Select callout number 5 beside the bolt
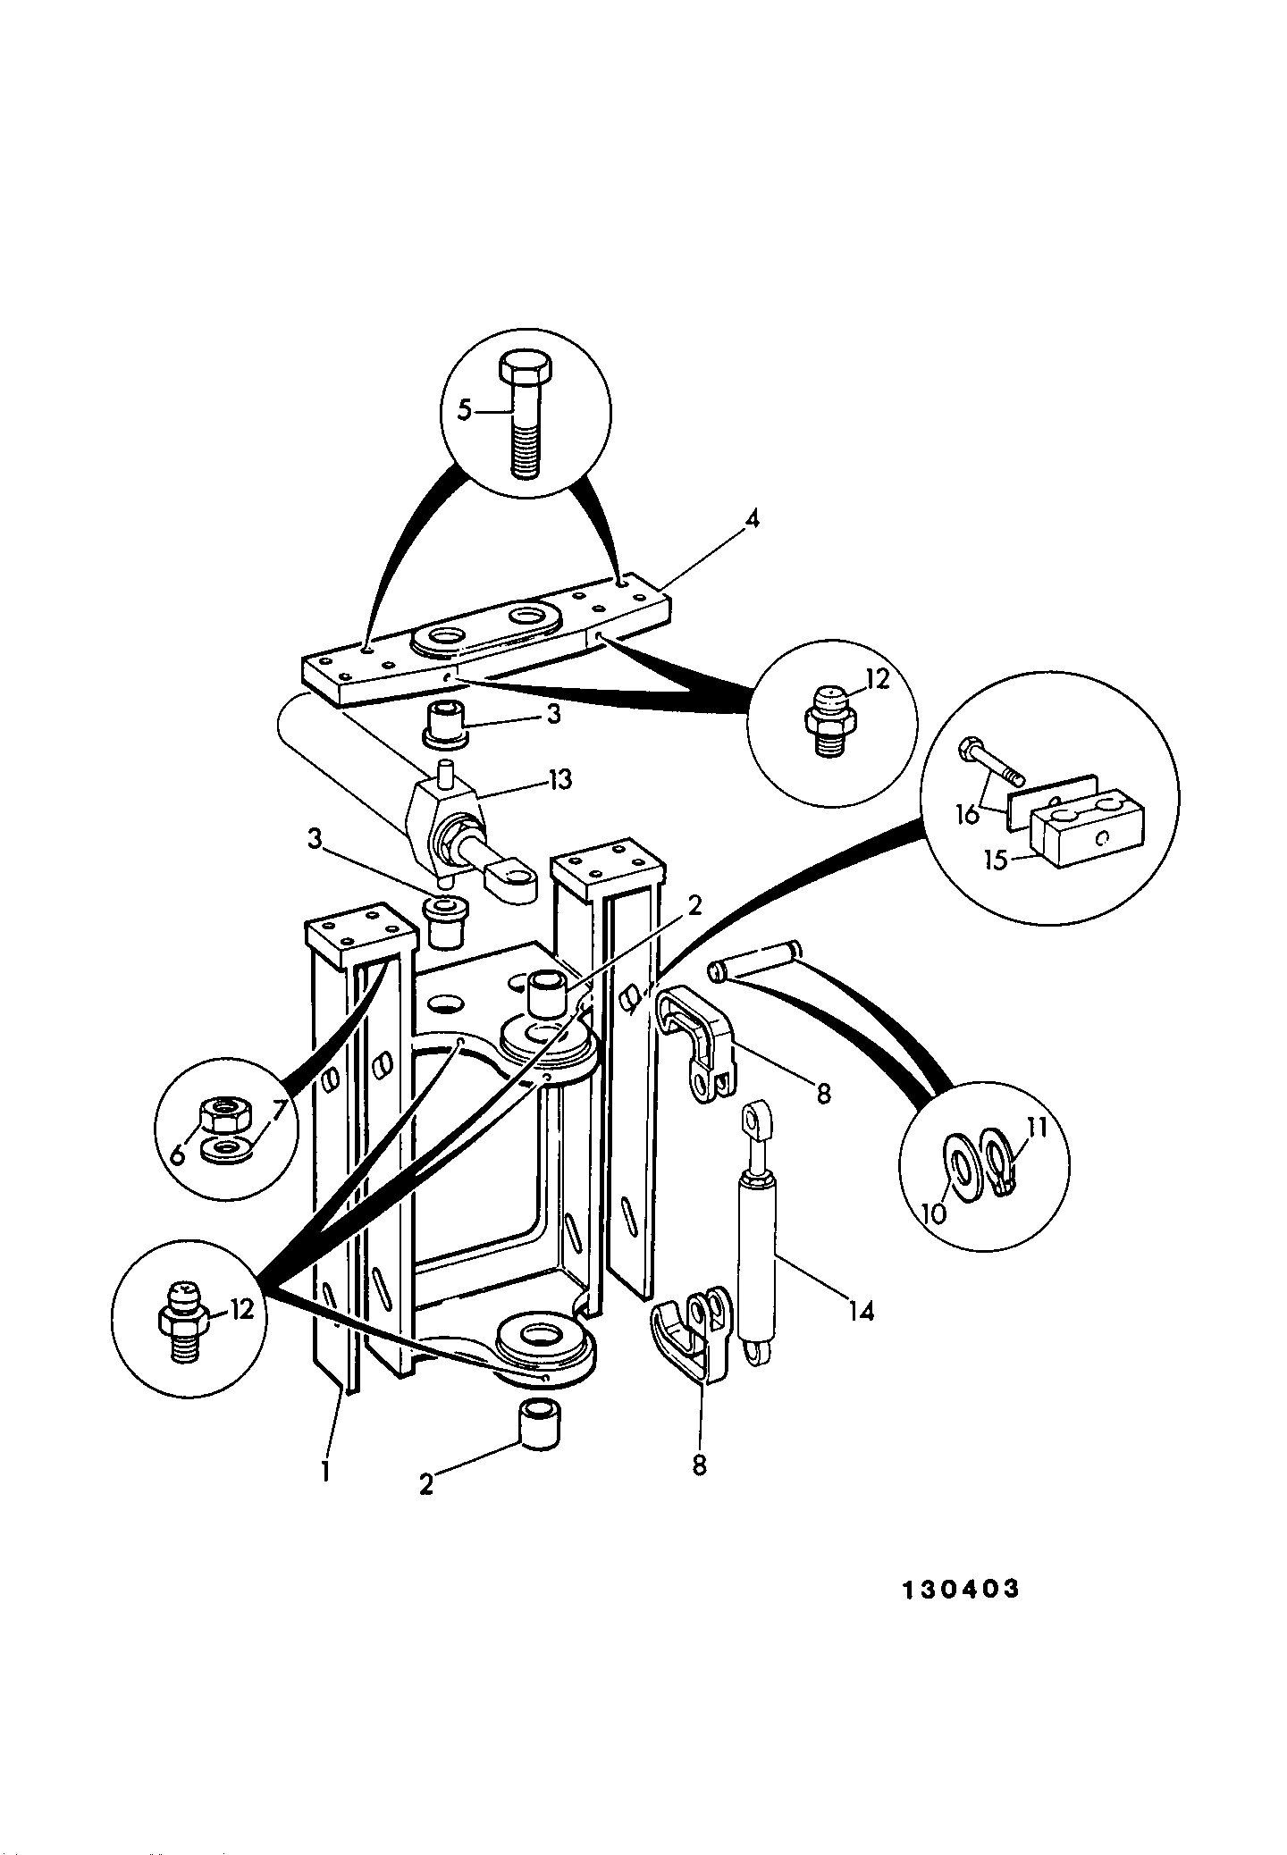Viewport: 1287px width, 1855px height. [464, 410]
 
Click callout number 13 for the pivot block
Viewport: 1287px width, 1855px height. [559, 780]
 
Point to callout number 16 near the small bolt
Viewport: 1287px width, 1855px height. [969, 814]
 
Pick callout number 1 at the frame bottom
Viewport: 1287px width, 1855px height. [325, 1471]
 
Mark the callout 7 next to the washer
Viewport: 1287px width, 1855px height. [279, 1111]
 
